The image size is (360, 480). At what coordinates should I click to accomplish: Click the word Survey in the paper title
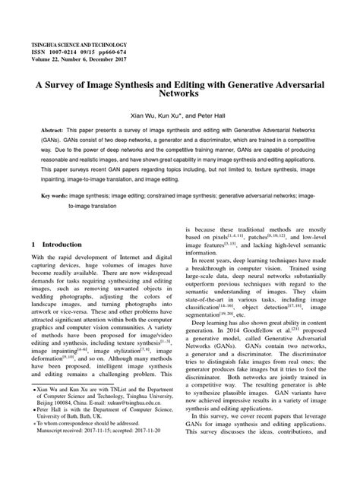click(68, 86)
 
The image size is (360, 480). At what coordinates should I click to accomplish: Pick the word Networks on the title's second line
click(180, 97)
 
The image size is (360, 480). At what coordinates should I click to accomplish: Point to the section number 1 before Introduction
click(33, 245)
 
